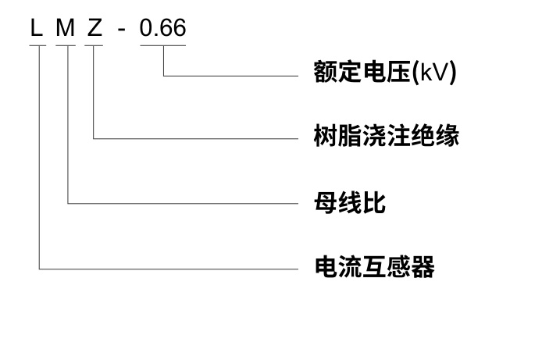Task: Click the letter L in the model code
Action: [x=36, y=29]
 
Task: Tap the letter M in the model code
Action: [x=66, y=29]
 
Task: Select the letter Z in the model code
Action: [x=94, y=29]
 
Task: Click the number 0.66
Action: [x=162, y=29]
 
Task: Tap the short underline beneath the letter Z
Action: [x=94, y=45]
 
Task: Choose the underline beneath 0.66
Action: [x=162, y=45]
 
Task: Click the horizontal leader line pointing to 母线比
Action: [x=184, y=203]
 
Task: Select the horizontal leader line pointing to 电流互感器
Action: [x=168, y=269]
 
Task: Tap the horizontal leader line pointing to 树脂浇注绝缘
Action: [x=195, y=138]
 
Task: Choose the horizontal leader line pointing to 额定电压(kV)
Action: [x=230, y=75]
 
